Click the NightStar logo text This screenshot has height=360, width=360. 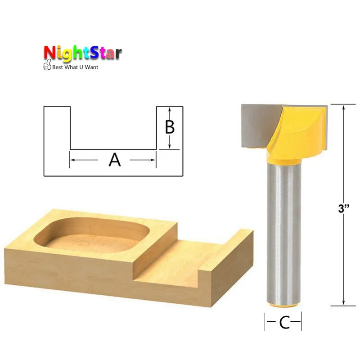click(x=83, y=54)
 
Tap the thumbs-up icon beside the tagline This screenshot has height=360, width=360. click(x=47, y=65)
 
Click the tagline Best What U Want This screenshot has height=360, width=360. click(x=75, y=67)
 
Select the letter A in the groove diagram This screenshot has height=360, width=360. click(x=115, y=160)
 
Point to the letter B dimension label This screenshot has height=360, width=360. click(x=170, y=127)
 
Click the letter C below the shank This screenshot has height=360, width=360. click(x=284, y=323)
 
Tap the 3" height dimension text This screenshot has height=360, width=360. click(x=344, y=208)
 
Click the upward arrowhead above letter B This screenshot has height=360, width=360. click(x=170, y=110)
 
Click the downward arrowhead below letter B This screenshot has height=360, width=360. click(x=170, y=145)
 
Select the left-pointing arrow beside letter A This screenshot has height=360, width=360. click(x=84, y=160)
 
